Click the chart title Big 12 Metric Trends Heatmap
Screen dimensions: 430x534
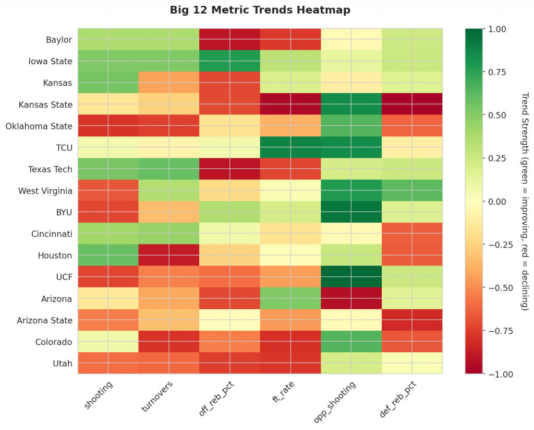tap(260, 10)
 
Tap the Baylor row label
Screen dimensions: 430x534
tap(59, 40)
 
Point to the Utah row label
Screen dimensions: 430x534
tap(62, 363)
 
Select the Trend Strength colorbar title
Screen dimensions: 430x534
tap(524, 201)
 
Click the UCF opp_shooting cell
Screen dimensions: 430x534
tap(351, 277)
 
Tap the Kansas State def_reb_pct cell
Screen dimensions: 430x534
tap(412, 104)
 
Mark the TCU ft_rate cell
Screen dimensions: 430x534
tap(290, 147)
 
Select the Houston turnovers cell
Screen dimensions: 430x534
tap(169, 255)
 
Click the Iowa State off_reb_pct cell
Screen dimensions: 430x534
tap(229, 61)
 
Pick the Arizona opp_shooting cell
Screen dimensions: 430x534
tap(351, 298)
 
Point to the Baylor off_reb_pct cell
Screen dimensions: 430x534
tap(229, 40)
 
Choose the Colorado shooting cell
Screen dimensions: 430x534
tap(108, 342)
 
